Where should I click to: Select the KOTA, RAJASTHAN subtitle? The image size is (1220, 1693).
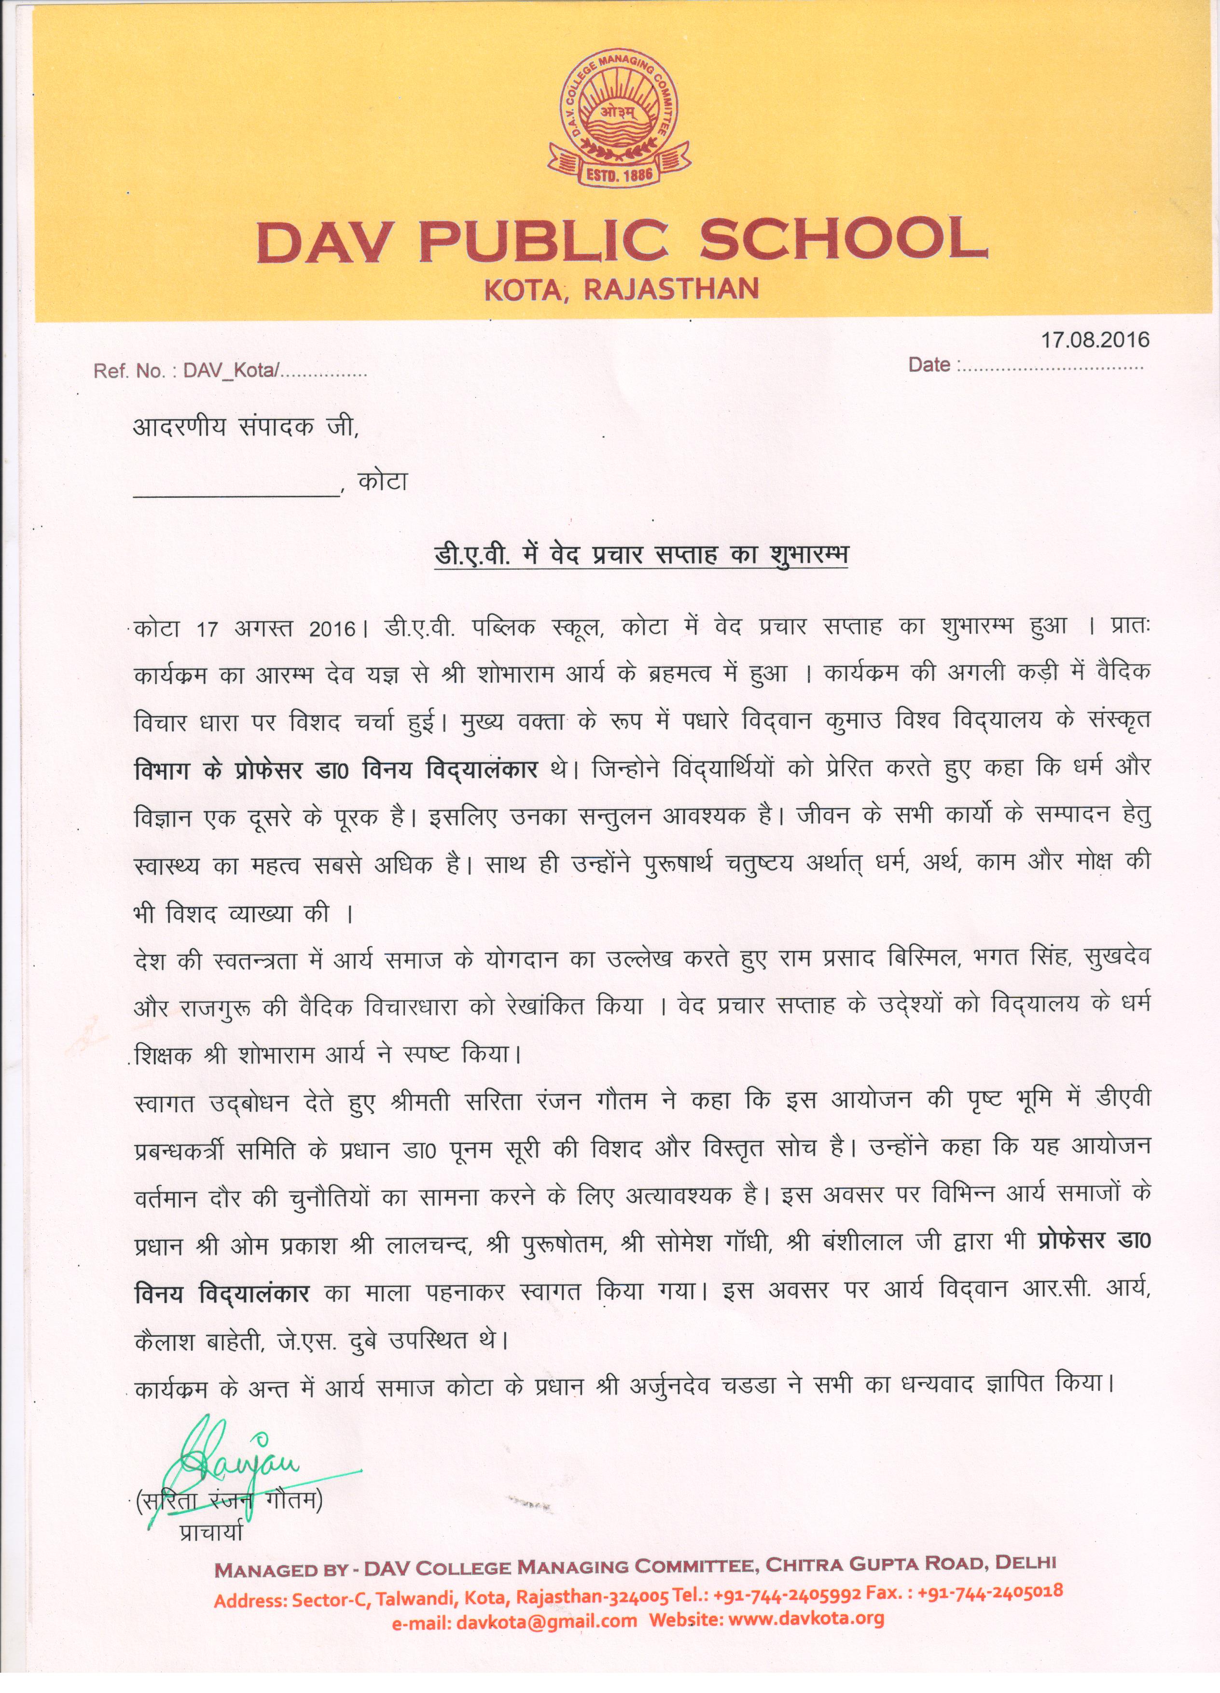[621, 289]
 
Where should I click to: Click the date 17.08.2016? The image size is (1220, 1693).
[1095, 340]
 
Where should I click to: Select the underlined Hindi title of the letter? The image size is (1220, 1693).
[642, 557]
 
